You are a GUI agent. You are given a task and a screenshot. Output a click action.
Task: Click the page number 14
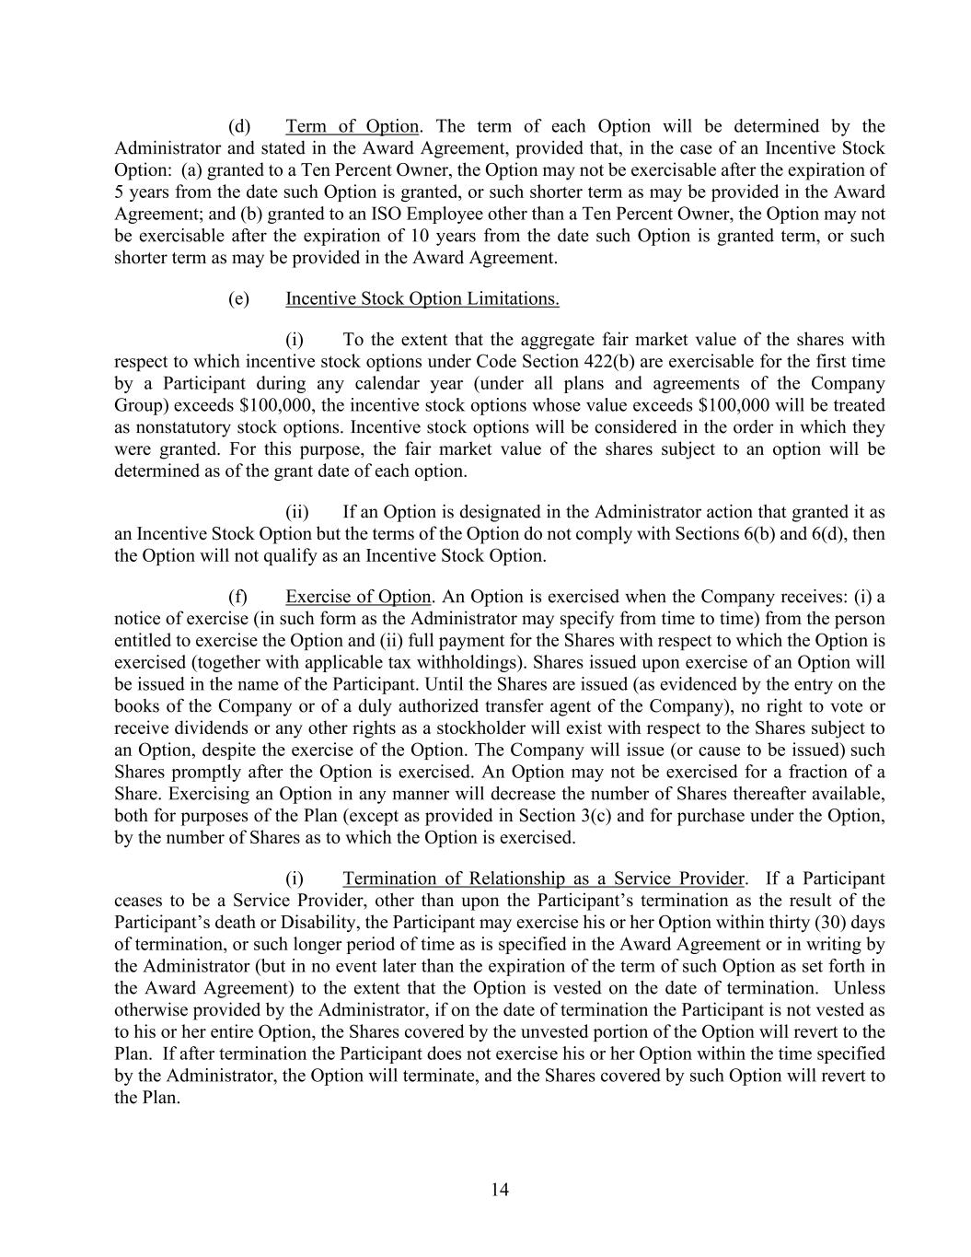(x=500, y=1190)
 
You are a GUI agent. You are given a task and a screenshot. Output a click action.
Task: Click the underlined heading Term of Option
(x=352, y=126)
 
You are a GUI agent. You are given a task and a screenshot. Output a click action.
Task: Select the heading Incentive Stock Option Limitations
(x=422, y=298)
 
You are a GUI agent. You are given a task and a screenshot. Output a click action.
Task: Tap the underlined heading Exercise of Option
(x=358, y=597)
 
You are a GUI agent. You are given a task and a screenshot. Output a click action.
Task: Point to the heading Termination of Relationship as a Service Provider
(x=543, y=879)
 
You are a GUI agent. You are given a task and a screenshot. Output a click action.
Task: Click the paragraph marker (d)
(x=239, y=126)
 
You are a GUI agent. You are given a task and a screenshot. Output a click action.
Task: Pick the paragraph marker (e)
(x=239, y=298)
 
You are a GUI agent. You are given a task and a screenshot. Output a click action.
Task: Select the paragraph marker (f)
(x=238, y=597)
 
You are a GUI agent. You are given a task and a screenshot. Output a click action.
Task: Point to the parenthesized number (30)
(x=828, y=923)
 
